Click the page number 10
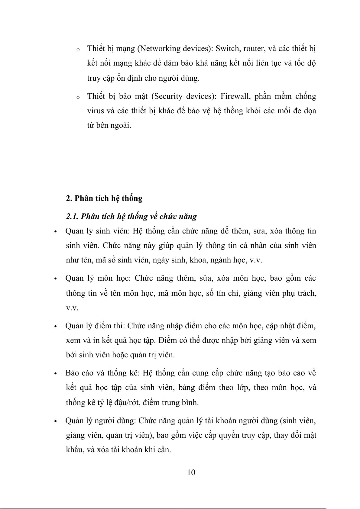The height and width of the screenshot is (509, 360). (191, 472)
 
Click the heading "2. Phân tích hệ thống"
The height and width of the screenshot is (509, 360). (104, 198)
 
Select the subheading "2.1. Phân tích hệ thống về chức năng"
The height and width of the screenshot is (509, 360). (131, 216)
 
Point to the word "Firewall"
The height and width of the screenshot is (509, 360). (235, 96)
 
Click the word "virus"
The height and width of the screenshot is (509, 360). (95, 111)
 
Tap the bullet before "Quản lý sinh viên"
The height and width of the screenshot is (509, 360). (55, 232)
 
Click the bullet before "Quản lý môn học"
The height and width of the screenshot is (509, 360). (55, 279)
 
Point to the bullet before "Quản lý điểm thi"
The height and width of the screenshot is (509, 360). (55, 327)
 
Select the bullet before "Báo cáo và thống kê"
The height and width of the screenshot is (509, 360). (55, 374)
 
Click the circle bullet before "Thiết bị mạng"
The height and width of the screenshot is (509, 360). (78, 50)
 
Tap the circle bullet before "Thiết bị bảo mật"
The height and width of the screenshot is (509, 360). (78, 97)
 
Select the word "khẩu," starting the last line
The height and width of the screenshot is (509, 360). (75, 450)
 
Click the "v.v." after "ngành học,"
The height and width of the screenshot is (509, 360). (256, 260)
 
